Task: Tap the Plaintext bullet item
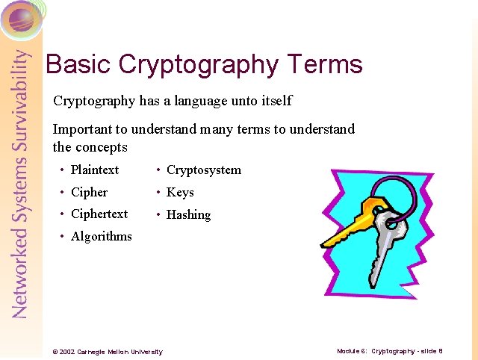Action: coord(94,170)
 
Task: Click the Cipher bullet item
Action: coord(89,192)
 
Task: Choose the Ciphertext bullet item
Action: coord(99,214)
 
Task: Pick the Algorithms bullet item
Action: coord(101,236)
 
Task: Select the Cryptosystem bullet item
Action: coord(203,170)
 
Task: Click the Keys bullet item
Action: coord(180,192)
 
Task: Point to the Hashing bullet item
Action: coord(188,214)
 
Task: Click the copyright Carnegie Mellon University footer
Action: coord(104,351)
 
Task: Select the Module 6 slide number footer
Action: coord(389,350)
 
